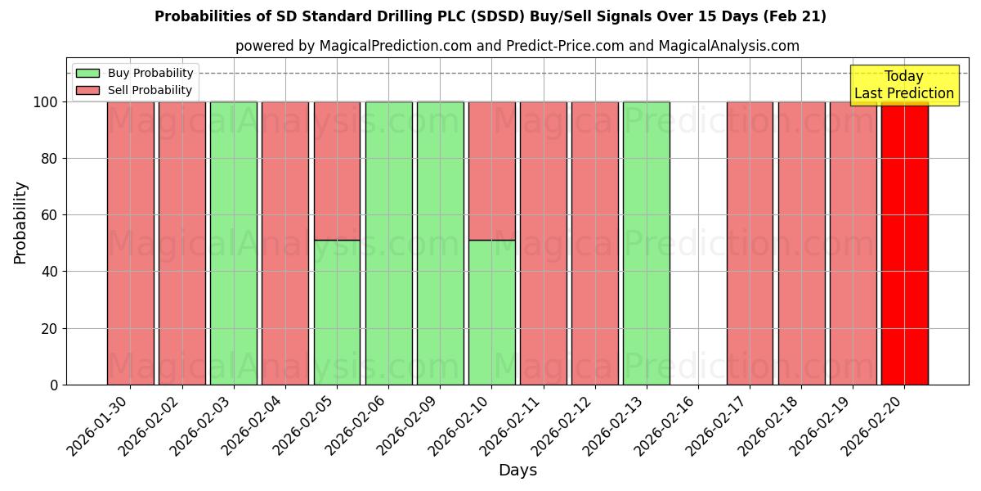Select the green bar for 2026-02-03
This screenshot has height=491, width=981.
tap(233, 243)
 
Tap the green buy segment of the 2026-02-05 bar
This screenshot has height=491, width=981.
tap(337, 312)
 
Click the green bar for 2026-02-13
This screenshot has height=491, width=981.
tap(646, 243)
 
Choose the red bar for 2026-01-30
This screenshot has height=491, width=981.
tap(130, 243)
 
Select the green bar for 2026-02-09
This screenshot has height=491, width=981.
tap(440, 243)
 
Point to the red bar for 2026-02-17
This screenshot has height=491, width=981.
tap(750, 243)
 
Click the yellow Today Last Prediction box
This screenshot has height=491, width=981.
tap(903, 85)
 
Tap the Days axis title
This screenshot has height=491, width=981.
tap(517, 471)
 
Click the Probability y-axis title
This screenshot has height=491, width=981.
tap(20, 222)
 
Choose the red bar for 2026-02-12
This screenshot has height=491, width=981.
tap(594, 243)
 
